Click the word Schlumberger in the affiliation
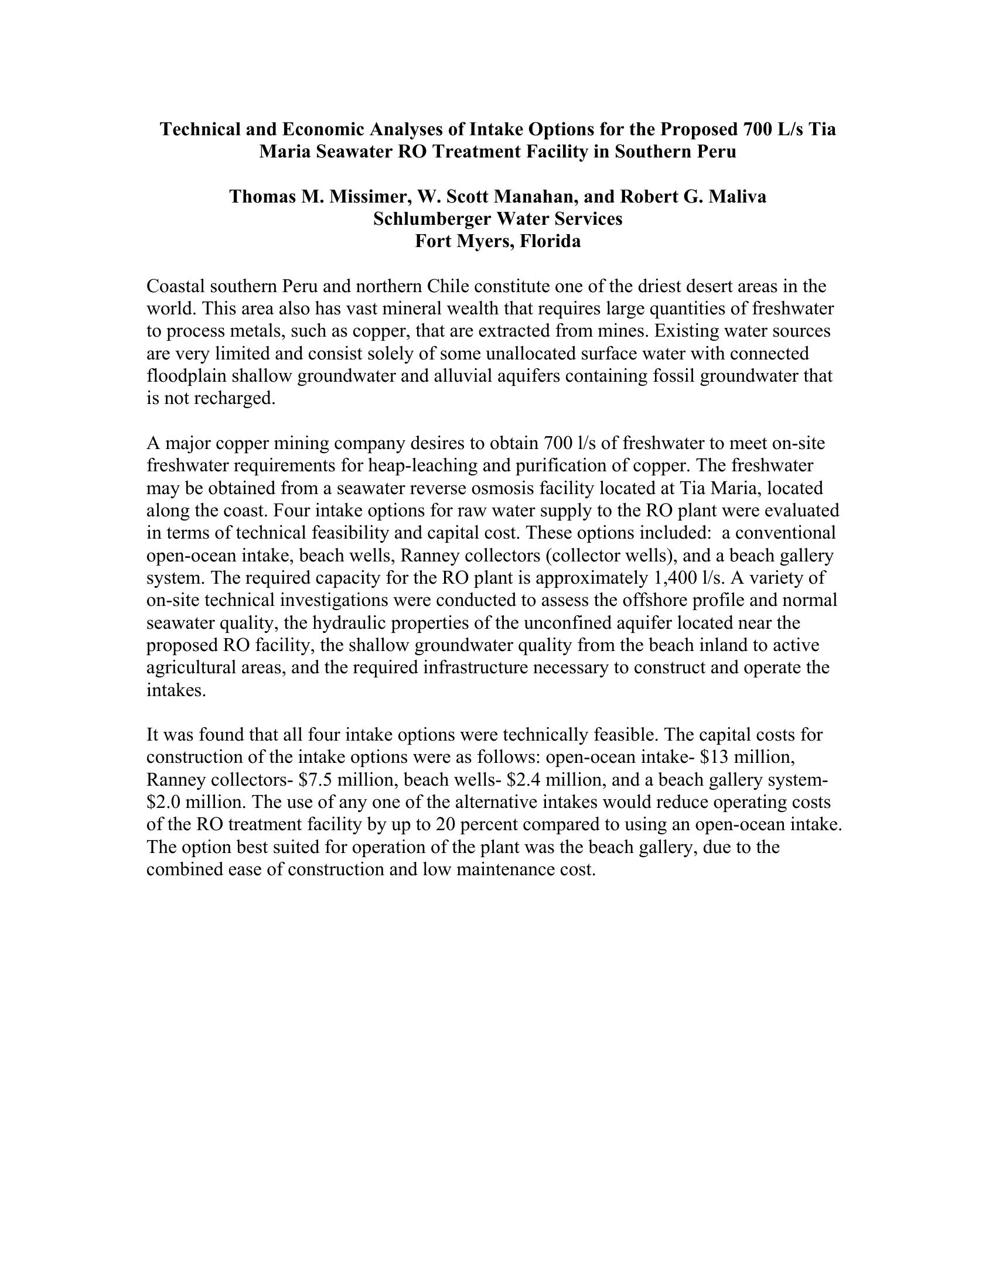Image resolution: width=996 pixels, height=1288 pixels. [432, 219]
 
